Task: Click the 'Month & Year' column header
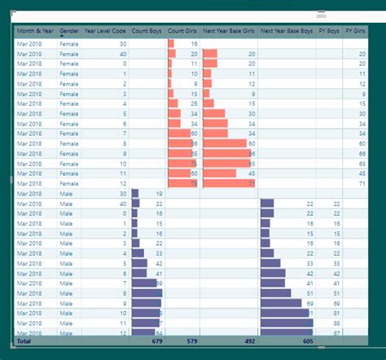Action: point(35,31)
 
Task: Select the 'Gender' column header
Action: point(69,31)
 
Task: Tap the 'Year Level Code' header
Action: point(106,31)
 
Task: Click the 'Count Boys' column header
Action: point(147,31)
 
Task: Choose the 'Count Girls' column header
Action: point(182,31)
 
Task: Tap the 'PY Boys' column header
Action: point(328,31)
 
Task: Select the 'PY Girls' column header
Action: point(355,31)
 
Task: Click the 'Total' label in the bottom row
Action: point(24,341)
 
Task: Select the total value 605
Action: point(307,341)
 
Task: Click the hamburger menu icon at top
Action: point(322,14)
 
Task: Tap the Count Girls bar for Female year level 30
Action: point(170,43)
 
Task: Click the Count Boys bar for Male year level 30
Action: point(135,194)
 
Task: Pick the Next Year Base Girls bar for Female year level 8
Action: point(224,143)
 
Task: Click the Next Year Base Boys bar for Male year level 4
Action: point(268,253)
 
